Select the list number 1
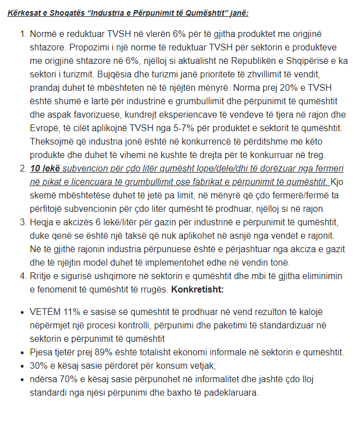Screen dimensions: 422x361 tap(23, 34)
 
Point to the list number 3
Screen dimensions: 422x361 tap(23, 222)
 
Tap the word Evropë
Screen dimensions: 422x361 tap(46, 128)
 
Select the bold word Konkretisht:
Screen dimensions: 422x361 tap(198, 289)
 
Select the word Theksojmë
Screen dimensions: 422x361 tap(54, 141)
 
